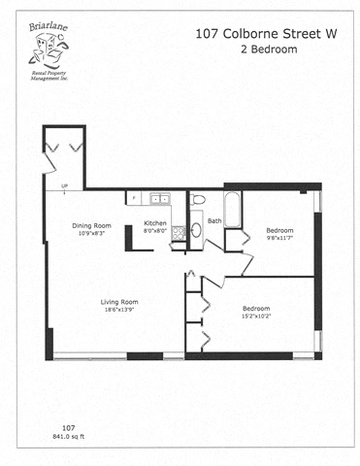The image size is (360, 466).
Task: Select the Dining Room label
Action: tap(92, 226)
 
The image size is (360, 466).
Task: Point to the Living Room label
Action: tap(119, 302)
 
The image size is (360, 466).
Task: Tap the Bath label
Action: tap(214, 220)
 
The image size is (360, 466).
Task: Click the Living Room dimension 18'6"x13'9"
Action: tap(119, 311)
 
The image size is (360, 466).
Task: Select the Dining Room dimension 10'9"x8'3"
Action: tap(92, 234)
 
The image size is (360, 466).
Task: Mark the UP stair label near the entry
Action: tap(64, 186)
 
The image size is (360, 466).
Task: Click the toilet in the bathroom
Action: tap(197, 200)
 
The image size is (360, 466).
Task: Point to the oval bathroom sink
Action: tap(195, 231)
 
